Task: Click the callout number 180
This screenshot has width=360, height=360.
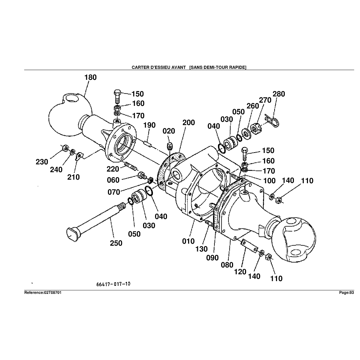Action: click(x=90, y=77)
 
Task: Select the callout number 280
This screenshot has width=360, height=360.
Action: click(x=279, y=94)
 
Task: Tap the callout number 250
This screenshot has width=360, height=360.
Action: click(x=116, y=243)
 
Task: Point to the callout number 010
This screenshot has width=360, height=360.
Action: click(x=188, y=241)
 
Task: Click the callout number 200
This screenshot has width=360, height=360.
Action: click(x=188, y=122)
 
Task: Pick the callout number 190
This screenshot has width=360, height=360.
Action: click(x=149, y=125)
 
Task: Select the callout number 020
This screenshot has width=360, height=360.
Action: click(x=169, y=131)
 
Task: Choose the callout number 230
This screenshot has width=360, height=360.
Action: click(x=42, y=162)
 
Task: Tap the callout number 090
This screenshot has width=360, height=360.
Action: click(x=213, y=257)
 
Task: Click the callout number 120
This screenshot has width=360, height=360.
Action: click(x=240, y=272)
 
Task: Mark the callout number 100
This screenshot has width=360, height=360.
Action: click(x=269, y=181)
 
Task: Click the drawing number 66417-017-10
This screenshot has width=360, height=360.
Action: click(x=113, y=284)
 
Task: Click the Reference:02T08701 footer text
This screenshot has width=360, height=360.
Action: click(x=43, y=293)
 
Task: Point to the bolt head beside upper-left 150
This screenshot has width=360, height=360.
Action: click(x=118, y=93)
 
